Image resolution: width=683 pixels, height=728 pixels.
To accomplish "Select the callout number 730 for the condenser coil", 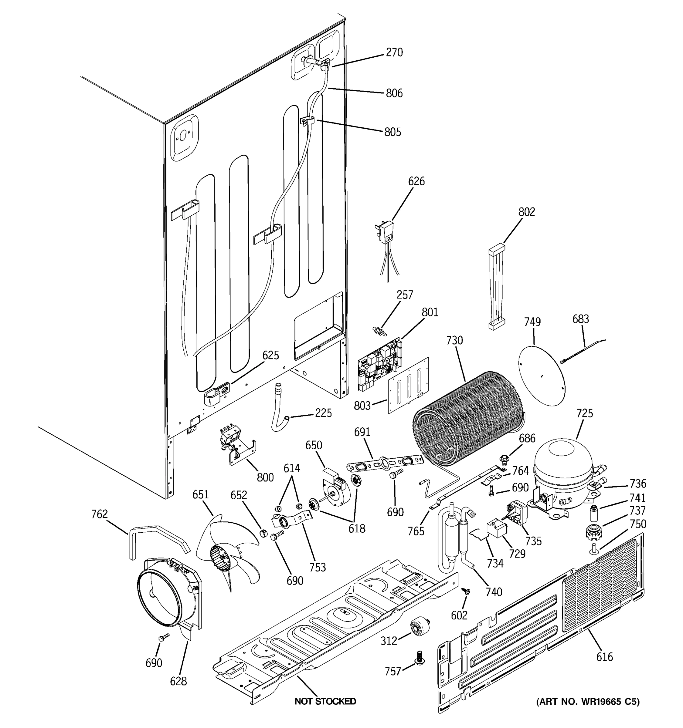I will pos(454,341).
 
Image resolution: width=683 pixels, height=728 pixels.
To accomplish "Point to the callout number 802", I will pos(527,212).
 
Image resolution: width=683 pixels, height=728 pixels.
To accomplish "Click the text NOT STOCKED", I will pos(325,701).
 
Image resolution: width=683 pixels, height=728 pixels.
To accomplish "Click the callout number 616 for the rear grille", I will pos(604,657).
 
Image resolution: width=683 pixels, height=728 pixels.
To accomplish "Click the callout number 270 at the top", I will pos(394,53).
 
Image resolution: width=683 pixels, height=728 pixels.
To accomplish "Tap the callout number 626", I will pos(416,181).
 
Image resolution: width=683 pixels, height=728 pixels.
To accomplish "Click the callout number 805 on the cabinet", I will pos(392,132).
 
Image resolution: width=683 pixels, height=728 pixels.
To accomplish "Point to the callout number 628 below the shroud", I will pos(178,682).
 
